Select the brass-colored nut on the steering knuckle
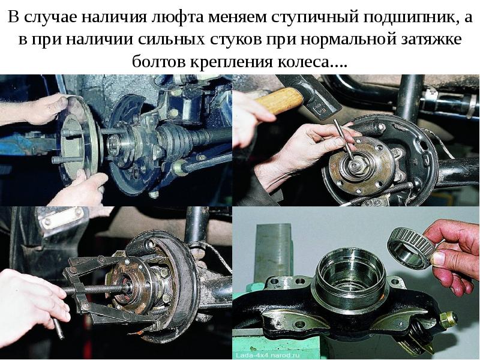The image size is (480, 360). [x=448, y=320]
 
